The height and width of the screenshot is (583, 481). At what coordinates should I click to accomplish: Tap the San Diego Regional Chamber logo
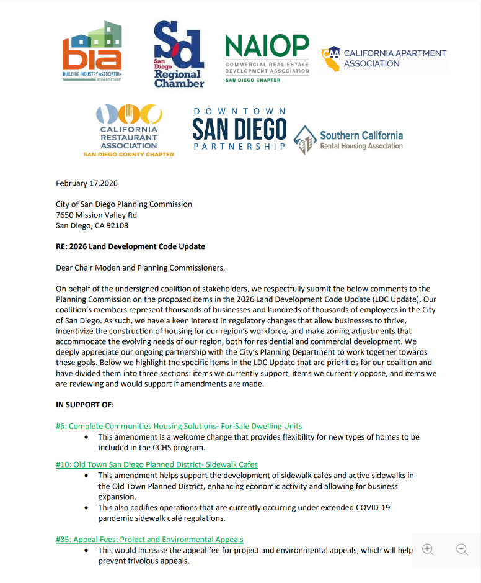179,54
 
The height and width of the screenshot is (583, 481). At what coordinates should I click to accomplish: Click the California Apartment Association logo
384,58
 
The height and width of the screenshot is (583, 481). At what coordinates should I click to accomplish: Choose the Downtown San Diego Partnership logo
239,129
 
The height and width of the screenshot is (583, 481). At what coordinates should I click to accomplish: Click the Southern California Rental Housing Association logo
348,140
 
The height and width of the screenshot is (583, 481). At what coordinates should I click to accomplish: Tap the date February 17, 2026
87,183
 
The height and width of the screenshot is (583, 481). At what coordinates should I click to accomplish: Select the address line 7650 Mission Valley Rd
96,215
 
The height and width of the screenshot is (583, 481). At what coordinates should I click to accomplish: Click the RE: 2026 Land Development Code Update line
130,246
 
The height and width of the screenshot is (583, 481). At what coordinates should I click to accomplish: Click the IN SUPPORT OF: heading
85,405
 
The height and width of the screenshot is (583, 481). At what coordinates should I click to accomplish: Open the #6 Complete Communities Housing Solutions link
179,426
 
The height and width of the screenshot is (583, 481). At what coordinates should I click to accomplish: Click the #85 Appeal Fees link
149,540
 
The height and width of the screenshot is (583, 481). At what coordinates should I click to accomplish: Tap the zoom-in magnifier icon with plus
428,549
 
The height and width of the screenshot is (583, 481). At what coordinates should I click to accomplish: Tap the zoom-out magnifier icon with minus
462,549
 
